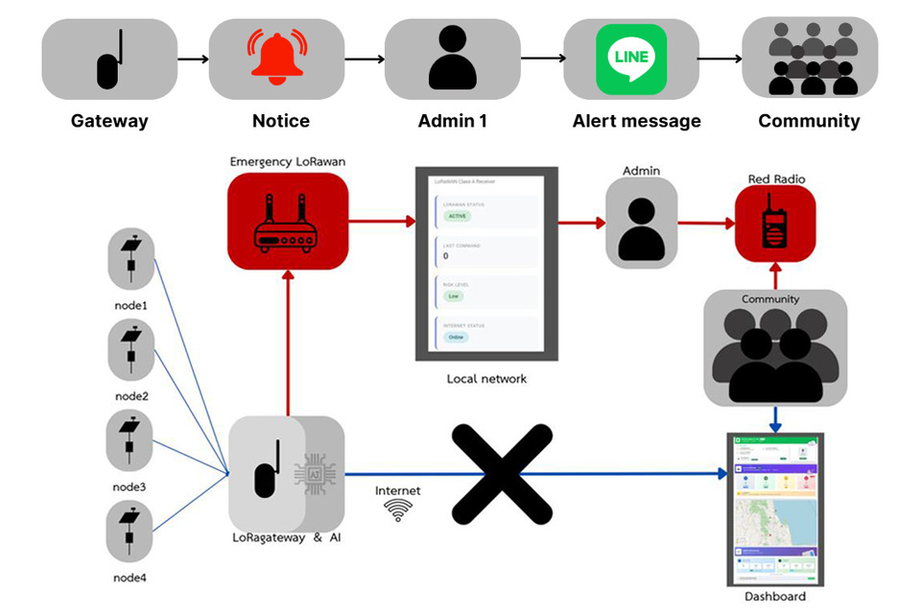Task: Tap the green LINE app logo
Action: (x=630, y=59)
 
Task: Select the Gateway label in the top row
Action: (x=109, y=121)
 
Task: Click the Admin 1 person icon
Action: (x=452, y=58)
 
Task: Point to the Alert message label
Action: (x=636, y=121)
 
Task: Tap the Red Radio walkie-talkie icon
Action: (x=775, y=224)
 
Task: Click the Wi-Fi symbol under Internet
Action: (x=397, y=511)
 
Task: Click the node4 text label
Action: (x=130, y=578)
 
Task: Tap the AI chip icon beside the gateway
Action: (x=317, y=473)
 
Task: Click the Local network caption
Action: (x=486, y=379)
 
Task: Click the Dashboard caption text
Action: (x=775, y=597)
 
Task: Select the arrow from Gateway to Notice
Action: (x=193, y=59)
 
